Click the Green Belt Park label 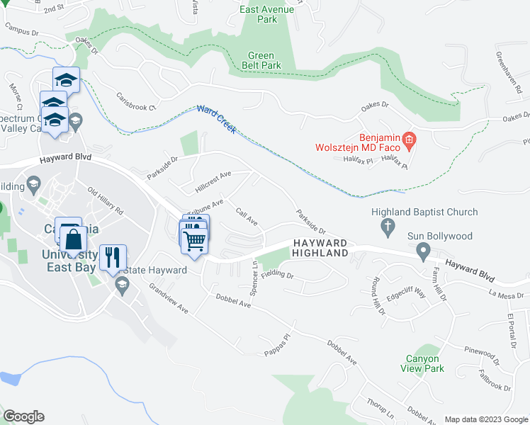click(265, 61)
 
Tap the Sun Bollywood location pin click(423, 251)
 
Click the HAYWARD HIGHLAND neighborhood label click(320, 248)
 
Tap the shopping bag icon click(74, 239)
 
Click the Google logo click(23, 416)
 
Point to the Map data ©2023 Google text click(485, 419)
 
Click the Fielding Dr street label click(282, 273)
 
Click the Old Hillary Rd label click(106, 201)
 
